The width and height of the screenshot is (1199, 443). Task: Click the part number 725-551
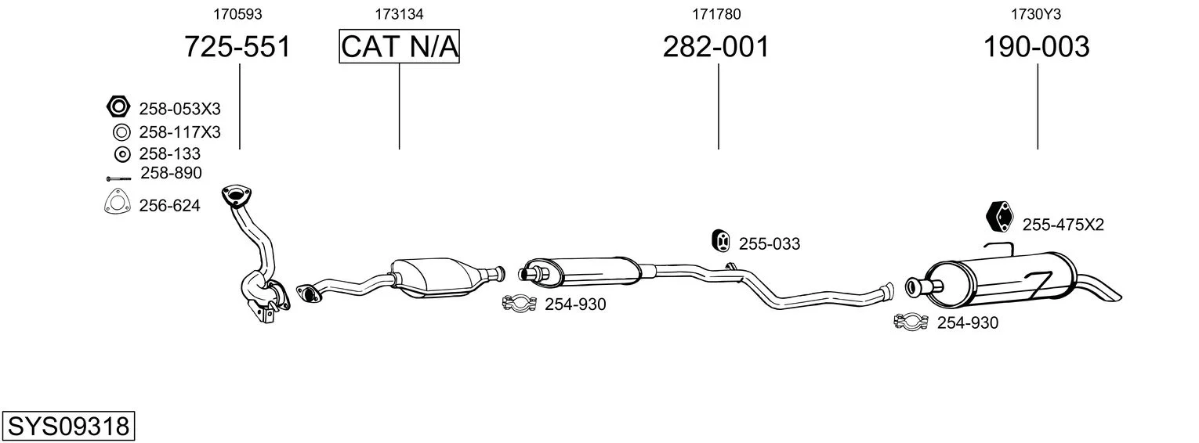tap(237, 46)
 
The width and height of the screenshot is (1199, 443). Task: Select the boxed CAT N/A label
tap(400, 46)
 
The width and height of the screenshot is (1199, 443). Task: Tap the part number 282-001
tap(715, 46)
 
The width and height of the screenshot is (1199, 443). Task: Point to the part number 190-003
tap(1036, 46)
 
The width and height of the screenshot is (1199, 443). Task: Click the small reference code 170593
tap(237, 14)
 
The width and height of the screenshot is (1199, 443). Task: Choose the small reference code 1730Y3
tap(1036, 14)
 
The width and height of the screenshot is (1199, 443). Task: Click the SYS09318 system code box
tap(68, 426)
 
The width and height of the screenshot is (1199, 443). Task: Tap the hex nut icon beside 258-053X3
tap(118, 107)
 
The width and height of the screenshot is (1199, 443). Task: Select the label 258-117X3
tap(180, 132)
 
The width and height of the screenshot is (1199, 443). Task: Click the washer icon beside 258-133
tap(122, 154)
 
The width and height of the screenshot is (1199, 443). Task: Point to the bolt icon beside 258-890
tap(118, 178)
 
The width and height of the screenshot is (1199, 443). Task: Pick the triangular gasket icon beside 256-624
tap(118, 202)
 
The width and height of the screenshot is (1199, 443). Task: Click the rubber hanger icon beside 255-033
tap(720, 240)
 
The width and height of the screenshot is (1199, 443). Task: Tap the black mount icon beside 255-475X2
tap(999, 217)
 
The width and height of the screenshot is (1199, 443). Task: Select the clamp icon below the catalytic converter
tap(520, 304)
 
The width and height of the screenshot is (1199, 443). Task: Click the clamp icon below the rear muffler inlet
tap(911, 322)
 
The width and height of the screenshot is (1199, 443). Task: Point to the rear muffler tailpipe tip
tap(1118, 297)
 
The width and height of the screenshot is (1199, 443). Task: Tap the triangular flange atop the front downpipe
tap(237, 196)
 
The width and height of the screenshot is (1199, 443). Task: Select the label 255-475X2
tap(1063, 225)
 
